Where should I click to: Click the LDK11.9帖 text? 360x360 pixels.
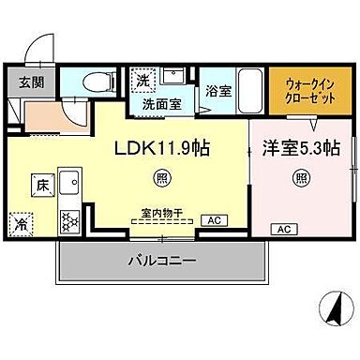pos(161,147)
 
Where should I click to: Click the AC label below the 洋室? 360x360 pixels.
pos(282,228)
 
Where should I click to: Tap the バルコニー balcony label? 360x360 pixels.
pos(161,262)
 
